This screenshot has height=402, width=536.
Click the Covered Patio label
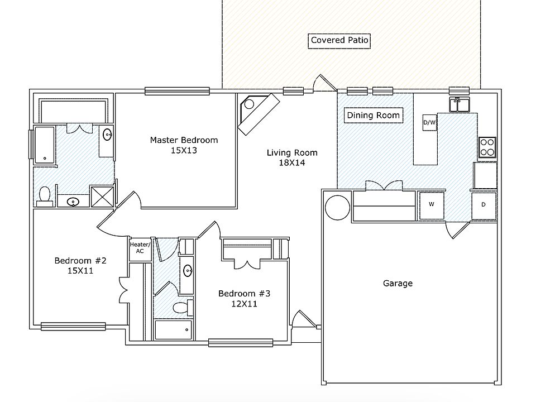(339, 40)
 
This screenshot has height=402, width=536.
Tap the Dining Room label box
(373, 116)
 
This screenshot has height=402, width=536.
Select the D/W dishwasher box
(429, 122)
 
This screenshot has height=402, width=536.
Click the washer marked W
(431, 205)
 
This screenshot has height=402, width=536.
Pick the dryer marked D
(484, 205)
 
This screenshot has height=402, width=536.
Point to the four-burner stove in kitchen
(487, 147)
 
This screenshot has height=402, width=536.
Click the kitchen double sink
(461, 104)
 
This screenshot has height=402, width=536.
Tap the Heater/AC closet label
(137, 247)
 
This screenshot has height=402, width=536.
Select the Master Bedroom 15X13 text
(184, 145)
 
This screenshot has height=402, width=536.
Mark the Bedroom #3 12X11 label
(244, 299)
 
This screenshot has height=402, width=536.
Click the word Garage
(398, 283)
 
